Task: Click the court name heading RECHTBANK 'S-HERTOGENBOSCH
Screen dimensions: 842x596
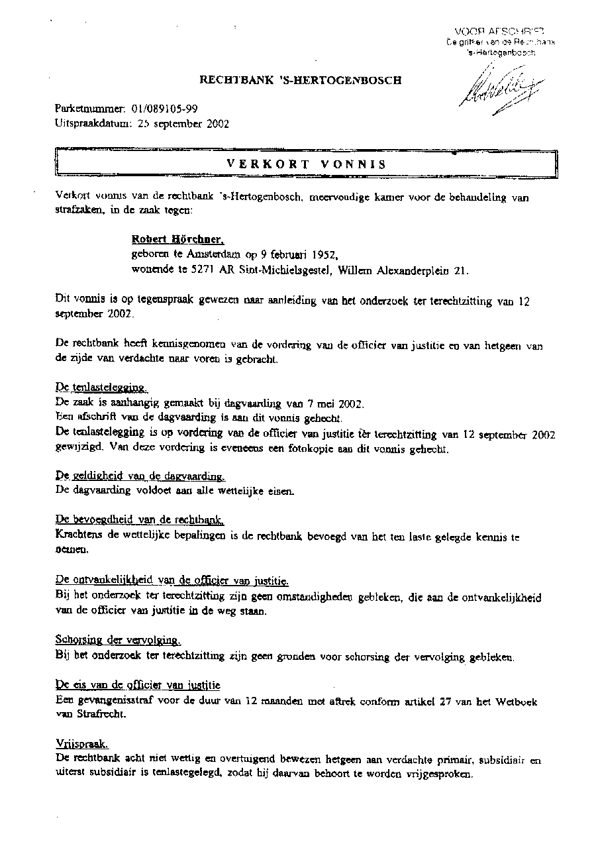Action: click(301, 81)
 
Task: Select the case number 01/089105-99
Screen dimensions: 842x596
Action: click(164, 109)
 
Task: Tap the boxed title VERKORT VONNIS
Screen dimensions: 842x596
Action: click(306, 164)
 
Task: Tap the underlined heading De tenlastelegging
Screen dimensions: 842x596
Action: click(101, 388)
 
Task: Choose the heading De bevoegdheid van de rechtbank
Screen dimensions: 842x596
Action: click(140, 520)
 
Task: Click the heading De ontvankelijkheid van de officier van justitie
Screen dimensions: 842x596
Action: click(172, 581)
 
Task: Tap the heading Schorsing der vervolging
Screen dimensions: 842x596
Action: click(117, 641)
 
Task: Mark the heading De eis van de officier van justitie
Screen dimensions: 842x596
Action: click(138, 685)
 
